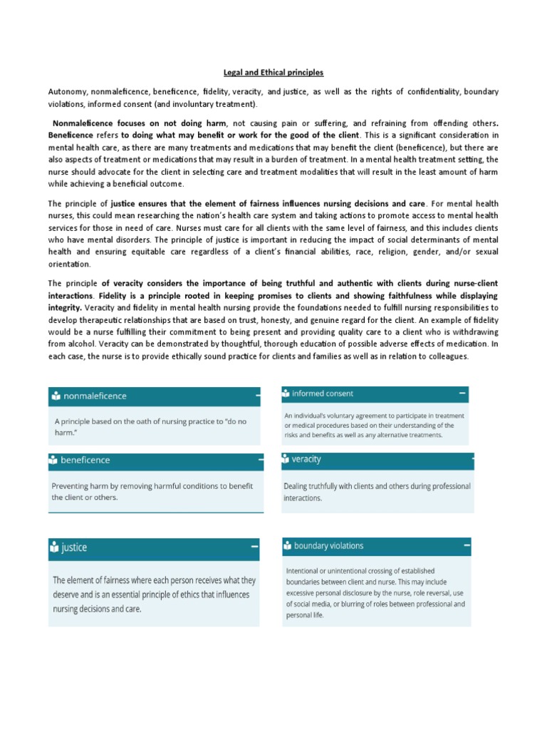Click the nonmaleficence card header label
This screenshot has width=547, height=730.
95,396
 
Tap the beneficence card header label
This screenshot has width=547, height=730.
85,461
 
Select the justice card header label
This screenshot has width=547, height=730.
74,547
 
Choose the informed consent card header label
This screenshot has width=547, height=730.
323,394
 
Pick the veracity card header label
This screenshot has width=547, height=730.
307,460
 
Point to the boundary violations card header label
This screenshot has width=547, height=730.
328,546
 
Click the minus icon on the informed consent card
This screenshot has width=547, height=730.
462,393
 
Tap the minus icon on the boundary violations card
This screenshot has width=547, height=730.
466,545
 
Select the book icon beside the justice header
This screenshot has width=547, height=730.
55,547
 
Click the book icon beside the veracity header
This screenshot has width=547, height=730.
286,460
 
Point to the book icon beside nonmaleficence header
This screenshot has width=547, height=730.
55,396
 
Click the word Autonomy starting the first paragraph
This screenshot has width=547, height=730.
66,93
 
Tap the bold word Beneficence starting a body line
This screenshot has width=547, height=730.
71,135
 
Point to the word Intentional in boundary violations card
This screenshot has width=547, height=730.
305,571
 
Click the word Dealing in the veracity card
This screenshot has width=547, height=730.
299,486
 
